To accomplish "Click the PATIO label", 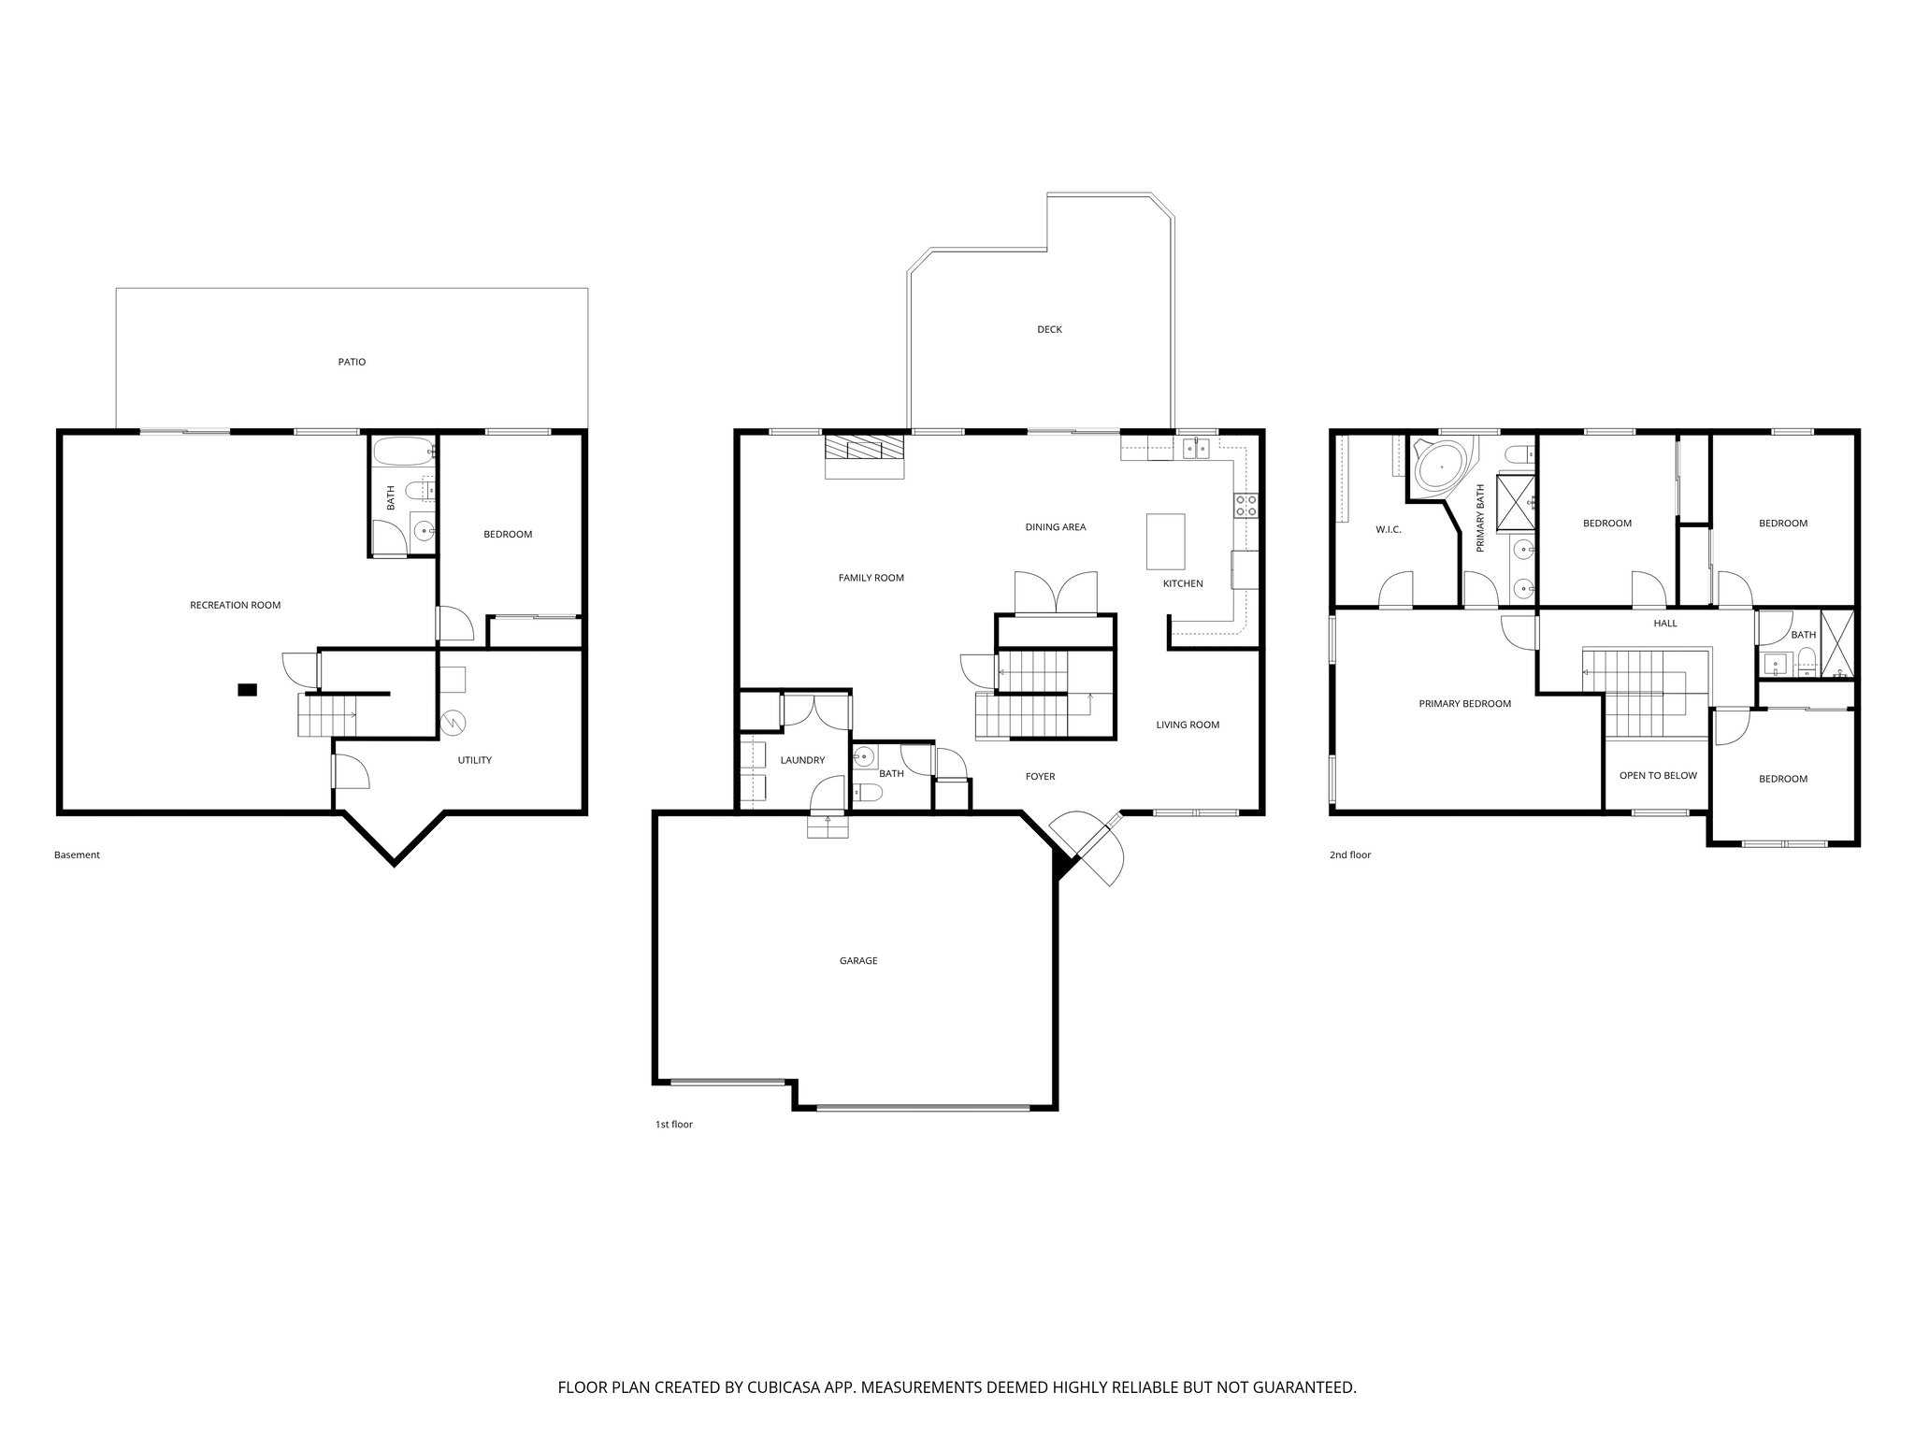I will [x=352, y=362].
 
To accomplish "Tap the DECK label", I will [x=1049, y=329].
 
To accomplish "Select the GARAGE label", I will [x=857, y=961].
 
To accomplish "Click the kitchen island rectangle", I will [x=1165, y=541].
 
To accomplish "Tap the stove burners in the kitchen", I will [x=1246, y=506].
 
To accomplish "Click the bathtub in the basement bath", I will [x=404, y=452].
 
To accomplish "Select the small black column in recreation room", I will [x=247, y=690].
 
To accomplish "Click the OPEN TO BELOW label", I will [x=1658, y=775].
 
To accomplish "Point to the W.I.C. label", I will [x=1388, y=530].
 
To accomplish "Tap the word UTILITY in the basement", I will [x=474, y=760].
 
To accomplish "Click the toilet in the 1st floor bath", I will [x=867, y=794].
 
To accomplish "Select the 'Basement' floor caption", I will [x=77, y=854].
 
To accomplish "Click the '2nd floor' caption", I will [x=1349, y=854].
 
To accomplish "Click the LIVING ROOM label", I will [x=1188, y=725].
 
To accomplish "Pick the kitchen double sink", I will [x=1196, y=450].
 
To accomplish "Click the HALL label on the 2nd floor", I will [x=1665, y=623].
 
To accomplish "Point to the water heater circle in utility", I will [x=454, y=723].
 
